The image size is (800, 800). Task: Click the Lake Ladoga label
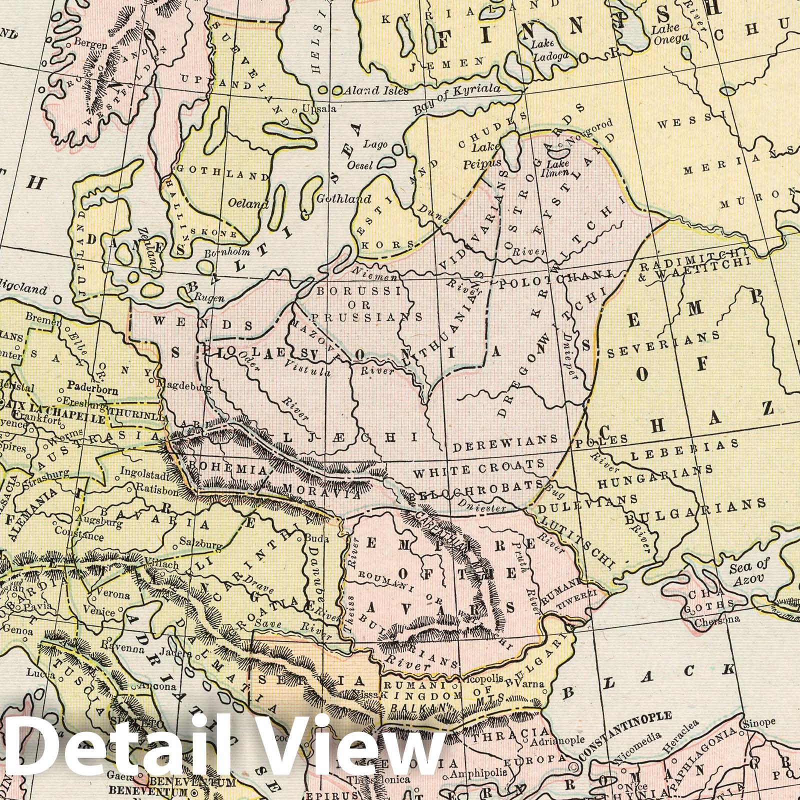click(x=549, y=50)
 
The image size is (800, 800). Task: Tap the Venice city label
click(x=110, y=609)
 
